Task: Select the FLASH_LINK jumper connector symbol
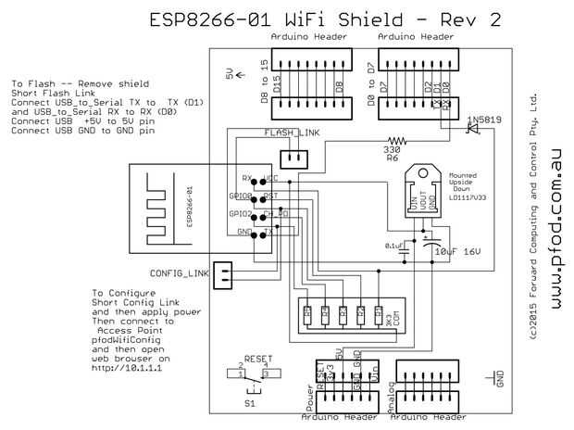pyautogui.click(x=293, y=156)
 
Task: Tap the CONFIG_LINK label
pyautogui.click(x=178, y=272)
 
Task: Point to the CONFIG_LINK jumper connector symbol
pyautogui.click(x=223, y=272)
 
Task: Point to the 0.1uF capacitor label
pyautogui.click(x=393, y=245)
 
